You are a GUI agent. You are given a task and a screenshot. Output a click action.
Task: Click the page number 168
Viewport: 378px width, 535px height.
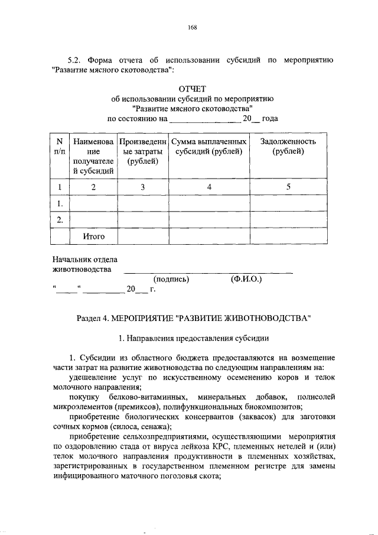192,26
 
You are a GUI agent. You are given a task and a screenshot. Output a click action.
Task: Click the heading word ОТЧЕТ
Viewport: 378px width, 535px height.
192,88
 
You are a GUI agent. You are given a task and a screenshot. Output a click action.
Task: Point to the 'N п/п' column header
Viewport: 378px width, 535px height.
58,147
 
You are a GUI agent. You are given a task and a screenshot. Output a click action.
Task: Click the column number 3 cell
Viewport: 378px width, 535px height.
142,187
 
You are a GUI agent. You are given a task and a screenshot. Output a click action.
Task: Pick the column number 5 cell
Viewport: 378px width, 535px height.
288,187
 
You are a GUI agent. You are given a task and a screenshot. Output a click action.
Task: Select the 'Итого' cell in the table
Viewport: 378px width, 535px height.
93,236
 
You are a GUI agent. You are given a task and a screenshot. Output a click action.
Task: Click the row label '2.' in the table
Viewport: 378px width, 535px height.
58,220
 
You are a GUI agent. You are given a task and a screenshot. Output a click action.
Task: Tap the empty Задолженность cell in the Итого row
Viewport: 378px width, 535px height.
288,236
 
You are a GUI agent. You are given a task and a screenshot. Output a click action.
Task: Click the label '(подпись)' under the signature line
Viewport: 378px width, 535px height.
171,279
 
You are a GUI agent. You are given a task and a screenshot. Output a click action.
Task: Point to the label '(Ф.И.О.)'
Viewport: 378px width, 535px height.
247,279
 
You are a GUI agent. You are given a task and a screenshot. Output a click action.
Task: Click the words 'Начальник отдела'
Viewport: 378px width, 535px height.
85,260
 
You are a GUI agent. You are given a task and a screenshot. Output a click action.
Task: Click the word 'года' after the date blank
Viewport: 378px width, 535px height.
270,119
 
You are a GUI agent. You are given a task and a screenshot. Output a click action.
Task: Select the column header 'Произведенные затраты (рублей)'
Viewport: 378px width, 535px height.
142,151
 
